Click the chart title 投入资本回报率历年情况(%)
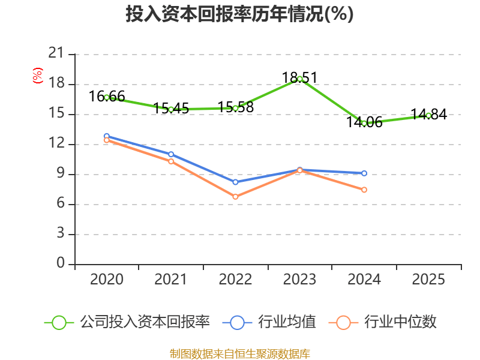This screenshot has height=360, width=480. (x=239, y=14)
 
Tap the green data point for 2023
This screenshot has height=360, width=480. (x=299, y=79)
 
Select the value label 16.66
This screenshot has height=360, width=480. (x=107, y=96)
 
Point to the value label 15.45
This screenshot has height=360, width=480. (x=171, y=109)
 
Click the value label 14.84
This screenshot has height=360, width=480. (x=428, y=114)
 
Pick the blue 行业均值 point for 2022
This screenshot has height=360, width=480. (x=235, y=182)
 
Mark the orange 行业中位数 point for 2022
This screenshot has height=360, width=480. (x=235, y=197)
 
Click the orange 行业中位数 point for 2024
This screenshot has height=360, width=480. (x=364, y=190)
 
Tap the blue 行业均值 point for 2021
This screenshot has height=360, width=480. (x=171, y=154)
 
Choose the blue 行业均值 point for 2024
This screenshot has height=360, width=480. (x=364, y=173)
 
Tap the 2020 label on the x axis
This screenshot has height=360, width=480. (x=107, y=279)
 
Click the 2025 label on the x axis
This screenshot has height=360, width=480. (x=428, y=279)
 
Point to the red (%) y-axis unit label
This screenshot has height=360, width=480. (x=38, y=76)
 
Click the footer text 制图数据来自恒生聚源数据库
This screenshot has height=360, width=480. (x=239, y=353)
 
